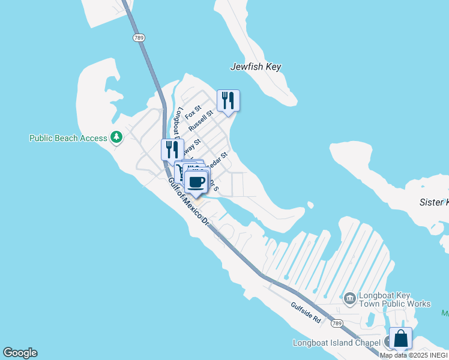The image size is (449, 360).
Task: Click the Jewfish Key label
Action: [256, 67]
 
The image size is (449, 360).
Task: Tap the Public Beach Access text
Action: [68, 138]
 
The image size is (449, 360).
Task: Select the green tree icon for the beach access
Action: [116, 138]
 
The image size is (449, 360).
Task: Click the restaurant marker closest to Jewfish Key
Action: [228, 100]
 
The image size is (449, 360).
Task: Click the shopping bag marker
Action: [400, 338]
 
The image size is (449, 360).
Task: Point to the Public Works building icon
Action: [349, 296]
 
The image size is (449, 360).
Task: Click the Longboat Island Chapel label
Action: [336, 343]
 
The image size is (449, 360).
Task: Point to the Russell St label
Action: [201, 121]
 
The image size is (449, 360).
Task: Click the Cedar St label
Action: [220, 158]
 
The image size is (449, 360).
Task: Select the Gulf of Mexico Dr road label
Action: [188, 202]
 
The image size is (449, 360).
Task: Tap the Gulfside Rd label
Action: [307, 313]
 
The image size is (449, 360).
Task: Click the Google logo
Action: [20, 353]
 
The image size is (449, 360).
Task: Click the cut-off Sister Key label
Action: [433, 203]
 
